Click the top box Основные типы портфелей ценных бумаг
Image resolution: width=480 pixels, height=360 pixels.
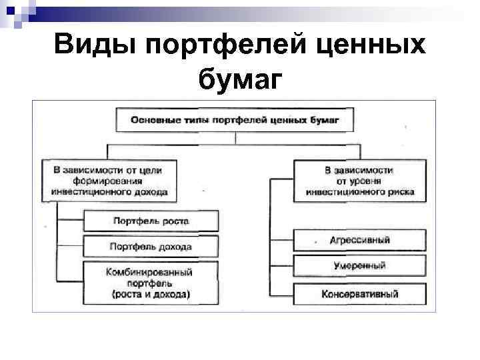235,120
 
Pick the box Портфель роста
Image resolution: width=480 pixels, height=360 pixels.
151,221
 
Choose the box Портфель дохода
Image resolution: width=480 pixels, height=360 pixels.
151,247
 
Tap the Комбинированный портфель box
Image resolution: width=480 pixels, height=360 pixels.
151,283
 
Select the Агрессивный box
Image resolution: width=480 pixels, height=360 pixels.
360,240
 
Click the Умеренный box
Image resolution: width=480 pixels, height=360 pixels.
360,265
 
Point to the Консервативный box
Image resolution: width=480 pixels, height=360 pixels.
360,293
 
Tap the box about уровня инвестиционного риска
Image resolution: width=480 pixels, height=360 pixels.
360,181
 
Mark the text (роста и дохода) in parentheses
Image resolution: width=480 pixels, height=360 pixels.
151,294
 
